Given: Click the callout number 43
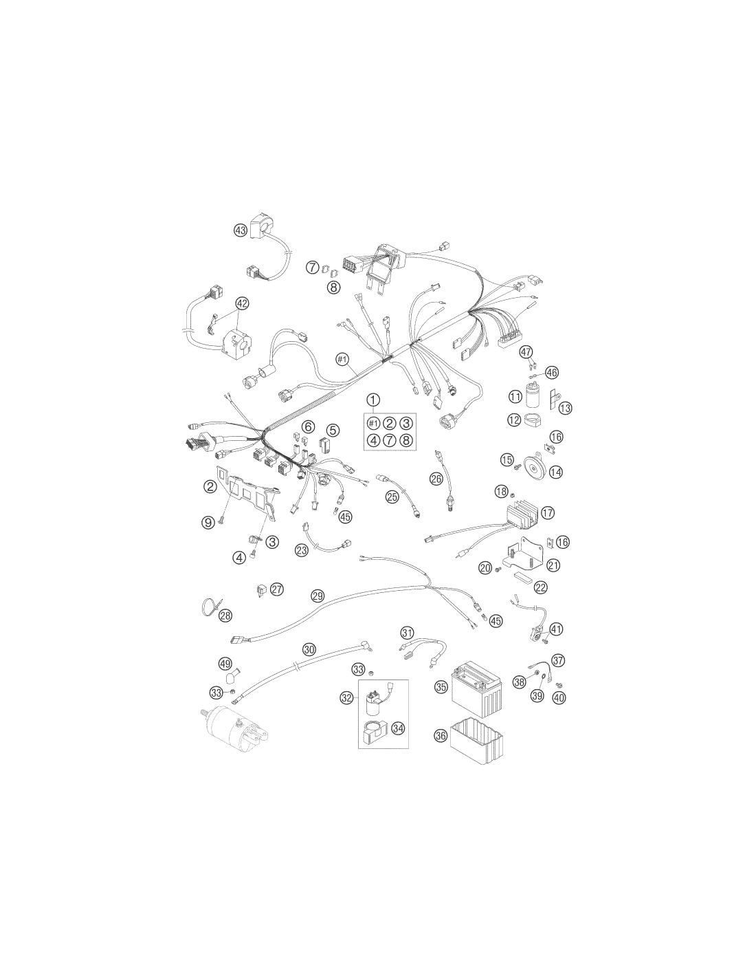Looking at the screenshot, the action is pyautogui.click(x=240, y=230).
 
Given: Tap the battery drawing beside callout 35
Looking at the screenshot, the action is pyautogui.click(x=476, y=689).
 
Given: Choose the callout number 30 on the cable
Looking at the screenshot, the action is pyautogui.click(x=309, y=649).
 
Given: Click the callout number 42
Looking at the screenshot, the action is pyautogui.click(x=242, y=303).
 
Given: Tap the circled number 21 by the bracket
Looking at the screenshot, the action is pyautogui.click(x=553, y=565).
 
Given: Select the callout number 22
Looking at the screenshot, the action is pyautogui.click(x=541, y=587).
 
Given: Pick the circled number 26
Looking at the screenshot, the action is pyautogui.click(x=436, y=479).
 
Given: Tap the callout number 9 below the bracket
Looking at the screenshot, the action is pyautogui.click(x=208, y=522).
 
